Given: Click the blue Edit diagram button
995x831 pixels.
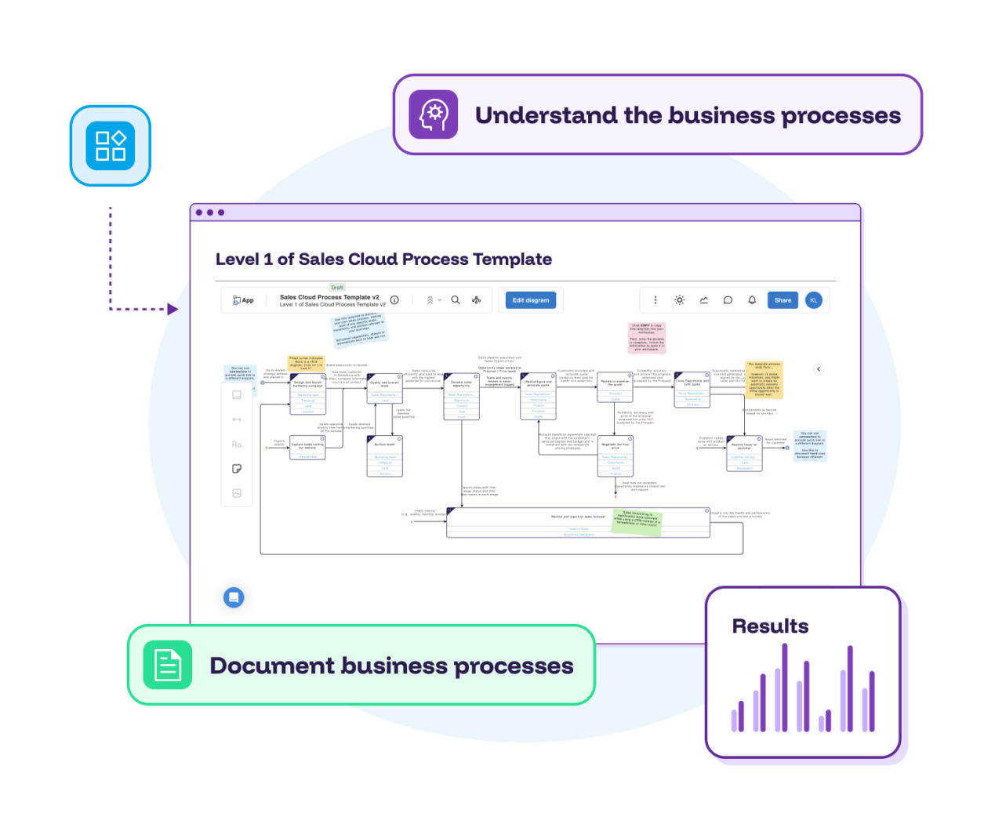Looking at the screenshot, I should click(x=531, y=300).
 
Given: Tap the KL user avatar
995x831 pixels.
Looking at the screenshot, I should click(x=814, y=300).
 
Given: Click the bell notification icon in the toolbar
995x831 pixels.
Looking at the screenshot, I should click(x=752, y=300).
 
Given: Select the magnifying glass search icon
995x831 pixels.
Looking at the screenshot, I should click(x=456, y=300).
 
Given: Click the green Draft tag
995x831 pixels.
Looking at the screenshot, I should click(x=337, y=288).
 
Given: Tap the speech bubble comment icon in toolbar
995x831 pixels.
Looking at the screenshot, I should click(x=728, y=300).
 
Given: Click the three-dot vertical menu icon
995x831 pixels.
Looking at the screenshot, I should click(x=655, y=300).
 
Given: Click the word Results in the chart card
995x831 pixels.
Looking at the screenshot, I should click(x=770, y=626).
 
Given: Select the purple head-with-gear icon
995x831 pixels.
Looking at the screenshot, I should click(x=434, y=114).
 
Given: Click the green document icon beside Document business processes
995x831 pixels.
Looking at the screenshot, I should click(x=168, y=665).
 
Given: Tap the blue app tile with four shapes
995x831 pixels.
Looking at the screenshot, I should click(x=111, y=146).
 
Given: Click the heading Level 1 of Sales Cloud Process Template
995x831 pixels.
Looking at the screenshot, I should click(x=383, y=259).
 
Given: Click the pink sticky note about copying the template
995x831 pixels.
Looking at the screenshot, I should click(x=647, y=337).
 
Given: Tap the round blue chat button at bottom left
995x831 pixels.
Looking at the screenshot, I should click(x=234, y=597).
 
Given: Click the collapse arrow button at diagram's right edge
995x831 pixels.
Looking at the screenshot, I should click(x=819, y=368).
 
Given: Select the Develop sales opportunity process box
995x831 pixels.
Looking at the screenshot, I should click(x=462, y=396).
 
